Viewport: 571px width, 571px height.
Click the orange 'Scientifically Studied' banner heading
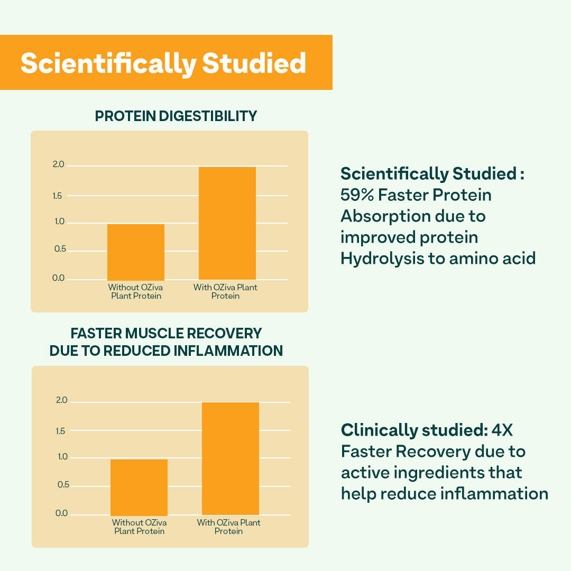[163, 63]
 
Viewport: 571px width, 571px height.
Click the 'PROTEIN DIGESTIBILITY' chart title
[176, 116]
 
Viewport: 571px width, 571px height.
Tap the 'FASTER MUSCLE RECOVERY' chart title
[166, 334]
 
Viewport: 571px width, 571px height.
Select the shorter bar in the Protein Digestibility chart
[136, 252]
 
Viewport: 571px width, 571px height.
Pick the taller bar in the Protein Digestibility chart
[227, 223]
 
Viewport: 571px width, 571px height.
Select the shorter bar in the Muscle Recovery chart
[139, 487]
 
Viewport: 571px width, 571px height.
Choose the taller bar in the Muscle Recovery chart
[231, 458]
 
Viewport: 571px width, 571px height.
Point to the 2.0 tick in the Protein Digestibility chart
[58, 165]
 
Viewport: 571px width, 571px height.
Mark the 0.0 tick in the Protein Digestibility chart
[58, 278]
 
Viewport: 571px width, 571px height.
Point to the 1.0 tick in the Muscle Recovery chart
[62, 457]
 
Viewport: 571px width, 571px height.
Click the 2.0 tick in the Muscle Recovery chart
[62, 400]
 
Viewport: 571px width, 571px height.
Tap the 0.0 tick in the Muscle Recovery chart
[62, 513]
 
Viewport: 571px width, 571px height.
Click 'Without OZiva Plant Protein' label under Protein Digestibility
[136, 291]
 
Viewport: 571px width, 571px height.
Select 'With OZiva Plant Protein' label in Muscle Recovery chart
[229, 527]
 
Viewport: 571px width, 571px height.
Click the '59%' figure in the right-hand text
[357, 195]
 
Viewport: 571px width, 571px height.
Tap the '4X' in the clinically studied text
[502, 430]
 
